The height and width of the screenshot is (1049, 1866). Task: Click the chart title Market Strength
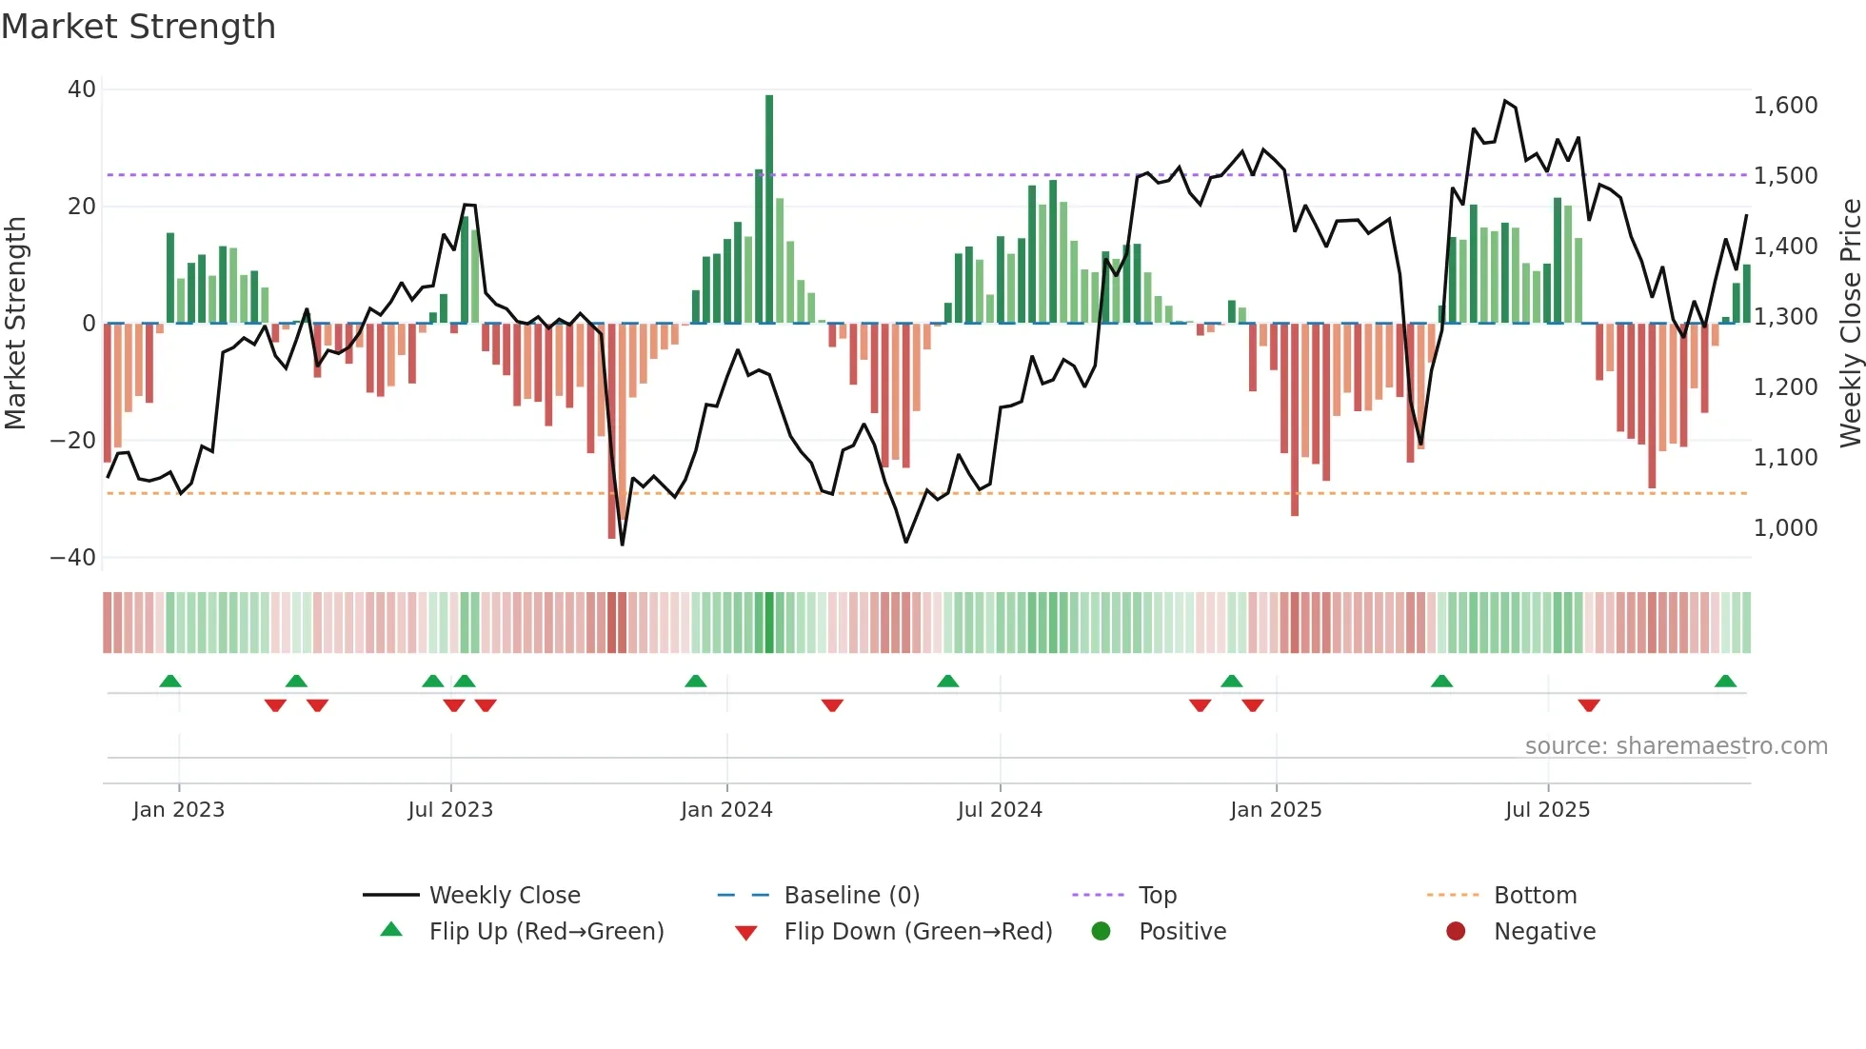click(x=138, y=27)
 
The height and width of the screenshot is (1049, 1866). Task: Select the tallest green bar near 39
click(x=769, y=208)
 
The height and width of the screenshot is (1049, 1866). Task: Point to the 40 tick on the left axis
click(x=82, y=89)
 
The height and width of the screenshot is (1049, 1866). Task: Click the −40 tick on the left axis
click(x=73, y=558)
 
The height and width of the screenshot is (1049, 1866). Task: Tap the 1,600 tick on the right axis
click(x=1785, y=106)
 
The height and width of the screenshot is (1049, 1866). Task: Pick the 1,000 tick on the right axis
click(x=1785, y=528)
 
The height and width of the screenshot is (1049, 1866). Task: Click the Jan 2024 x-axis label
click(x=726, y=810)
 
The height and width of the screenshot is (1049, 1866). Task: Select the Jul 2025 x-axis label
click(x=1547, y=810)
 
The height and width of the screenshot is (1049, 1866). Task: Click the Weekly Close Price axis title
click(x=1850, y=323)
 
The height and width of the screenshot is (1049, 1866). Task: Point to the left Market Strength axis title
click(x=15, y=323)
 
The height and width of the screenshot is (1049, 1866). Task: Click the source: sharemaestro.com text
click(x=1676, y=746)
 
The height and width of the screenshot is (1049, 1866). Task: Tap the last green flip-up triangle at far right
click(x=1725, y=682)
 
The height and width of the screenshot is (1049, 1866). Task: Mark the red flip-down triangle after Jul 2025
click(x=1588, y=705)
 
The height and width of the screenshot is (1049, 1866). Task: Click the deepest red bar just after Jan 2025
click(x=1295, y=419)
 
